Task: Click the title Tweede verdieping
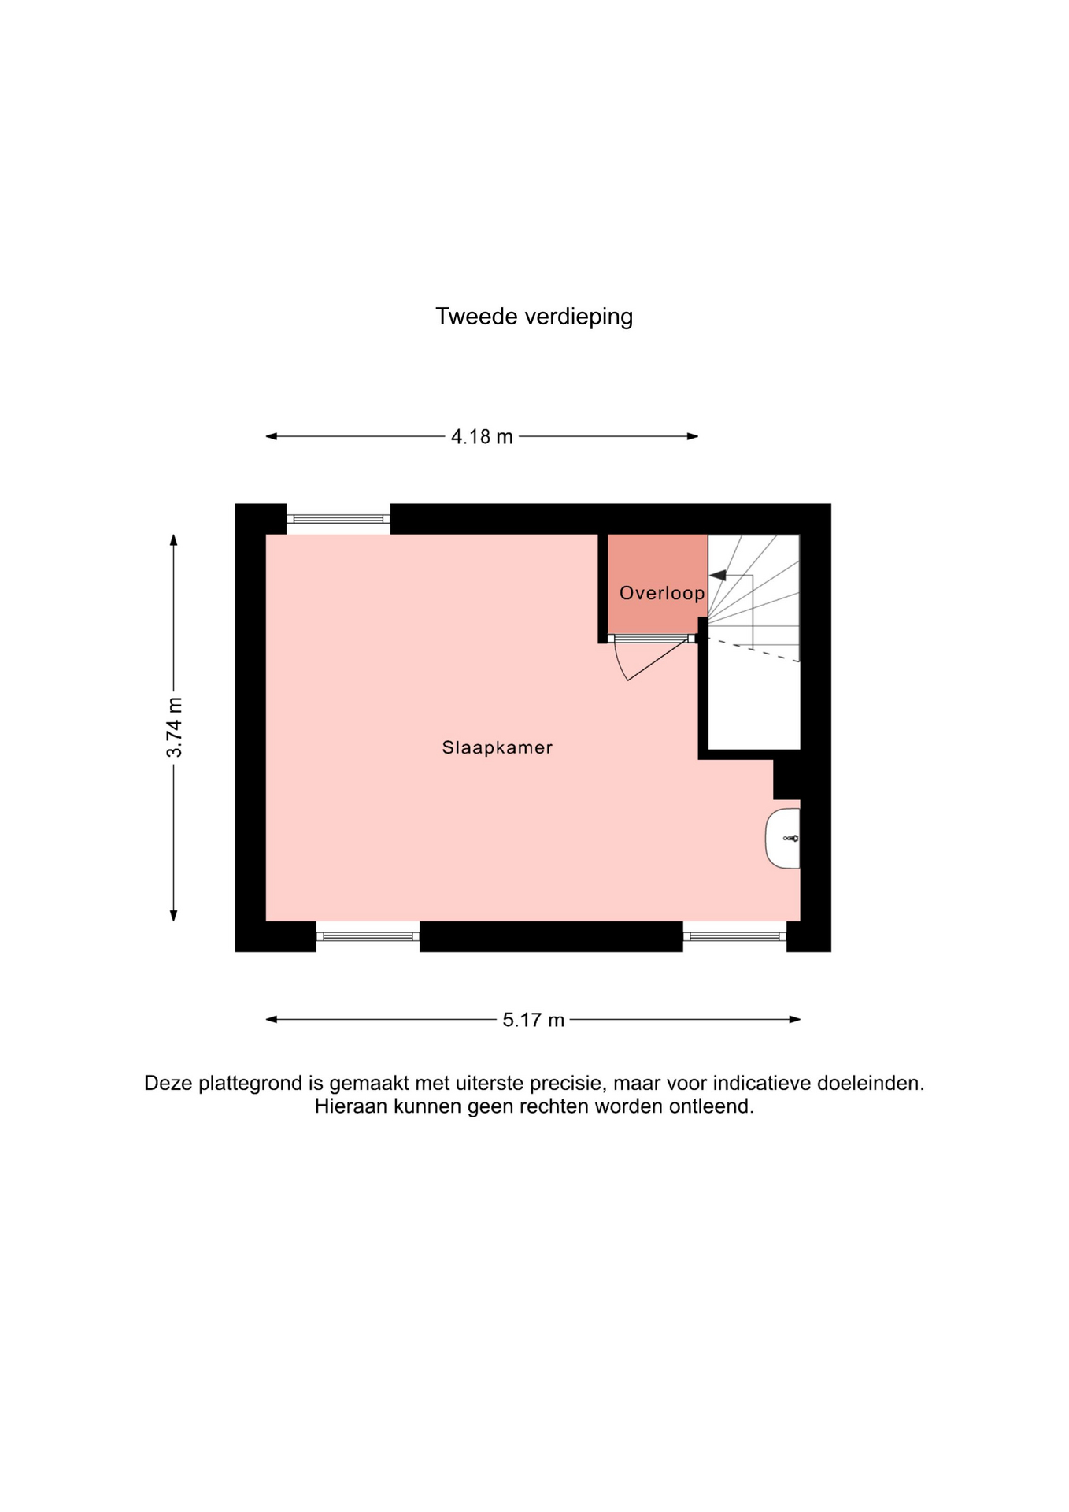tap(534, 317)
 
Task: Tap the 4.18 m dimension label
tap(482, 436)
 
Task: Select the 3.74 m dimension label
tap(174, 728)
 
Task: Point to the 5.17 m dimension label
tap(534, 1020)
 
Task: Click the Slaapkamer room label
tap(498, 747)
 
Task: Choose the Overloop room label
tap(662, 593)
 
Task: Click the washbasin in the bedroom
tap(783, 839)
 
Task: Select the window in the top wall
tap(338, 519)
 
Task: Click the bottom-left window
tap(368, 936)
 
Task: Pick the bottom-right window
tap(734, 936)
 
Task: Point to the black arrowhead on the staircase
tap(718, 576)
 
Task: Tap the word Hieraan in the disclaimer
tap(351, 1106)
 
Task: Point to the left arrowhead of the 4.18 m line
tap(272, 436)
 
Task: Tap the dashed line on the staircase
tap(754, 650)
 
